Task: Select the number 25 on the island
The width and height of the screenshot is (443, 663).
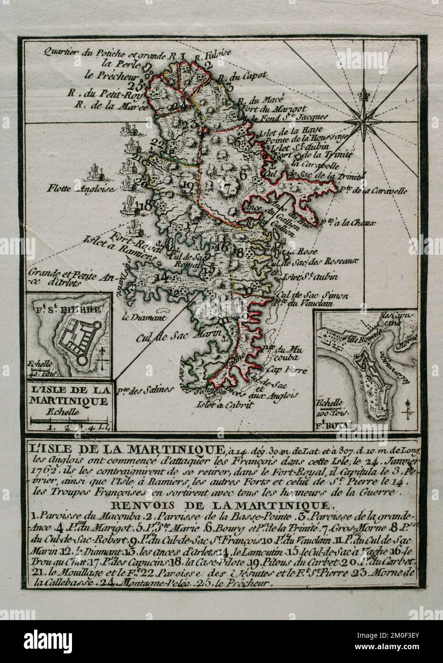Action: tap(138, 86)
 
